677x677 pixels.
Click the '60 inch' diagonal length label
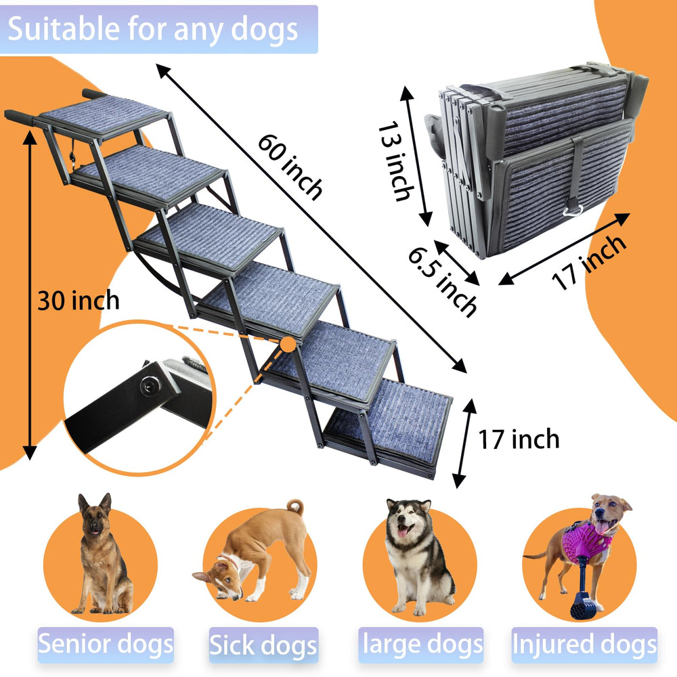290,167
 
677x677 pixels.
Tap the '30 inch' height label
78,301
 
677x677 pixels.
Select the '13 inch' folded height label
396,162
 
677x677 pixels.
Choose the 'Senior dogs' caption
106,645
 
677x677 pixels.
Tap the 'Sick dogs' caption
263,645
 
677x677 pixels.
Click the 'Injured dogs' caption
584,645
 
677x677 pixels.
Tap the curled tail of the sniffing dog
295,506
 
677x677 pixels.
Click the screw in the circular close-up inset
150,385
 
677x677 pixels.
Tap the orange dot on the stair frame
288,345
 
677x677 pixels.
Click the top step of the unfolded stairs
103,114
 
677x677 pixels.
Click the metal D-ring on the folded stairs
573,211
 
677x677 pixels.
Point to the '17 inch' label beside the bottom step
519,439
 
